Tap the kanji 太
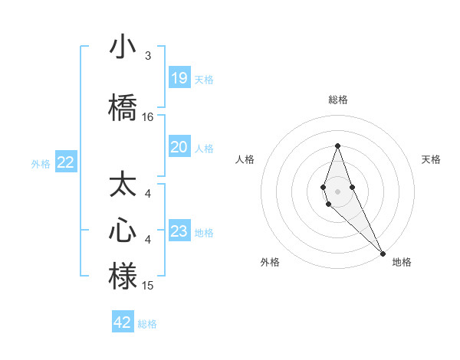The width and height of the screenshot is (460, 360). tap(123, 186)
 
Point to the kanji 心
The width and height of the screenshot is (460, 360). tap(123, 231)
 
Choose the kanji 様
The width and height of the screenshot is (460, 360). tap(123, 277)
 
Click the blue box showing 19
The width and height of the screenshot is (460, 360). tap(179, 78)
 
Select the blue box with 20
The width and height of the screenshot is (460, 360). tap(179, 147)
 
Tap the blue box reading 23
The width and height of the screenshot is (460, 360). tap(179, 232)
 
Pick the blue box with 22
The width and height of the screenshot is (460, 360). tap(66, 162)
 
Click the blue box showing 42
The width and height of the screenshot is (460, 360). tap(123, 322)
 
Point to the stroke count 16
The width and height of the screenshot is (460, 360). tap(148, 117)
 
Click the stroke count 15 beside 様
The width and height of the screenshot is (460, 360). tap(148, 286)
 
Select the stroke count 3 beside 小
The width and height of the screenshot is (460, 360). tap(148, 56)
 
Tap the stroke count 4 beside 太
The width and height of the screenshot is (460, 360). tap(148, 195)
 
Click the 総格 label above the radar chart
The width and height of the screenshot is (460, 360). tap(337, 100)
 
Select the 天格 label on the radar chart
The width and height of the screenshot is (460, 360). tap(431, 159)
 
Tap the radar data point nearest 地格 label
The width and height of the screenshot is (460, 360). tap(383, 253)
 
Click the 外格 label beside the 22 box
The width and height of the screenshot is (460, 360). tap(41, 163)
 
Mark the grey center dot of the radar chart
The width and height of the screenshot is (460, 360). tap(337, 191)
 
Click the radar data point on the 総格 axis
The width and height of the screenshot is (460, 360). tap(337, 146)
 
